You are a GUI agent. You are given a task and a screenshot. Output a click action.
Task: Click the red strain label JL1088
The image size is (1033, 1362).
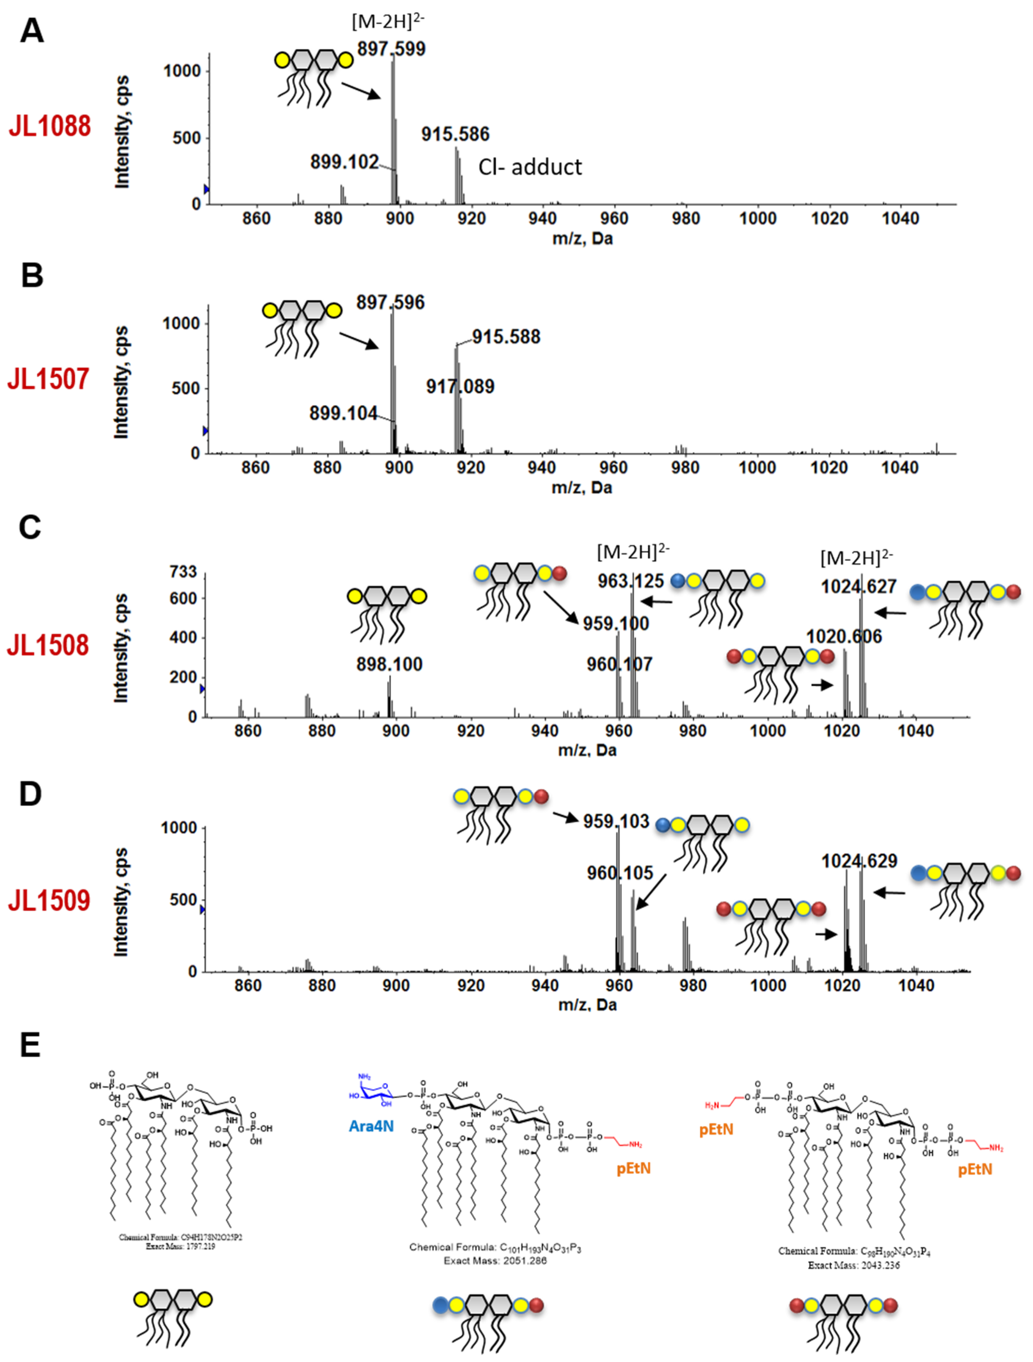(49, 126)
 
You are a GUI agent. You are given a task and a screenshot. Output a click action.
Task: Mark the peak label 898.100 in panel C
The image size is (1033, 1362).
(389, 664)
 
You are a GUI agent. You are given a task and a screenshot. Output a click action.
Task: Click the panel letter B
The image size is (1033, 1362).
(32, 276)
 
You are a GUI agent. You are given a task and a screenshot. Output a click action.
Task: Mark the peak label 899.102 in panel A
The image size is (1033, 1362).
(344, 162)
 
